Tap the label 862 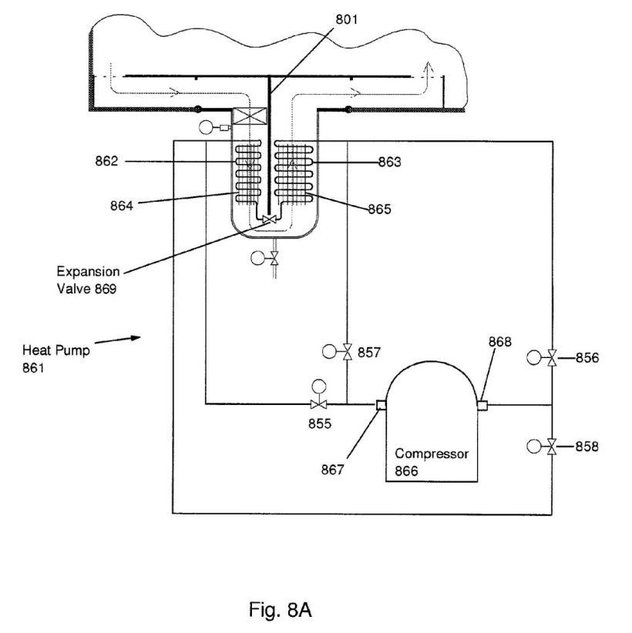(108, 162)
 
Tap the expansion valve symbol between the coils (269, 220)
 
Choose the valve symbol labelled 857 (347, 353)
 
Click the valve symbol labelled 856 (552, 357)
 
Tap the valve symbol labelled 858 (552, 446)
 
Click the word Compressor (431, 454)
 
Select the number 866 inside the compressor (407, 471)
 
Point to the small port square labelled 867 (380, 405)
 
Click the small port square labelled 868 (482, 405)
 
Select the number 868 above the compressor (499, 342)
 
